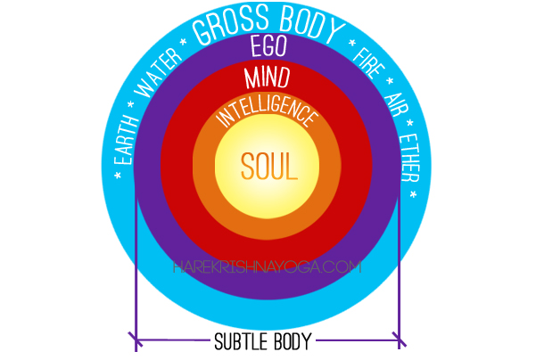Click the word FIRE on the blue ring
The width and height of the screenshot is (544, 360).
tap(367, 64)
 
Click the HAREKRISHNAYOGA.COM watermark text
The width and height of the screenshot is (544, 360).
tap(267, 266)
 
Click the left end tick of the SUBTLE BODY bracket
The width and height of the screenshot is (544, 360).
tap(136, 340)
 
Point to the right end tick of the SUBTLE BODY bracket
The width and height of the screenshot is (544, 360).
tap(399, 340)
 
